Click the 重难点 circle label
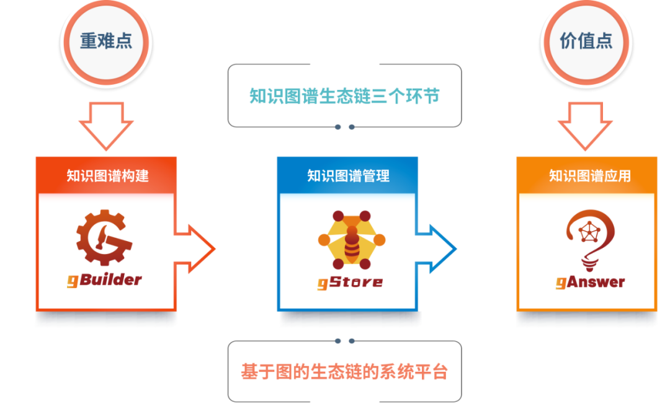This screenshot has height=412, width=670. pos(106,41)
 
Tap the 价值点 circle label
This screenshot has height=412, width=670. pos(586,41)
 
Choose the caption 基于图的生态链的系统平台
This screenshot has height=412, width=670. pos(344,371)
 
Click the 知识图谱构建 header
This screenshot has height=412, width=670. pos(107,175)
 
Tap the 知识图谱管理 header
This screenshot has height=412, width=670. pos(348,175)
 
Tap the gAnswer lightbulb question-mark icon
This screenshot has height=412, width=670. pos(589,238)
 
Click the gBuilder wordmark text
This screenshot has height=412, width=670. pos(105,279)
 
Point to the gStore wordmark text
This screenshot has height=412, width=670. pos(350,283)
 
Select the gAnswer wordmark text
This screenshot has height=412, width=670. pos(590,283)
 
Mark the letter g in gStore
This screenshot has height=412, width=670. pos(323,284)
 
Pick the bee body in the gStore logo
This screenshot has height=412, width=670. pos(351,245)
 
